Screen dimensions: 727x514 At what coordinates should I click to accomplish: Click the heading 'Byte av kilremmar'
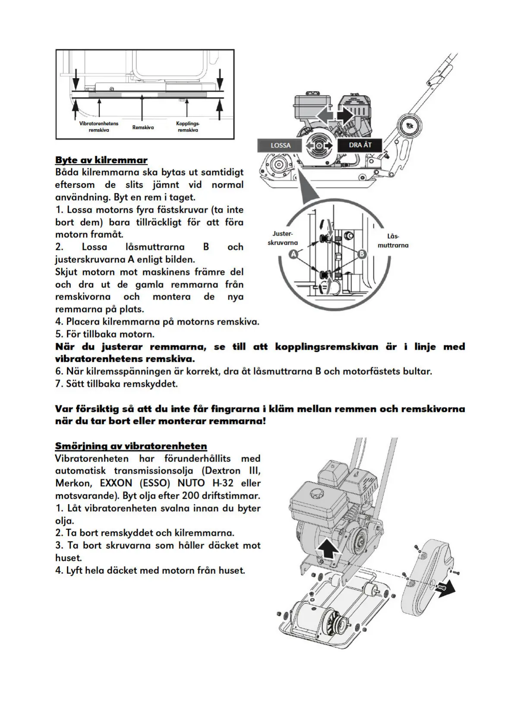[x=101, y=160]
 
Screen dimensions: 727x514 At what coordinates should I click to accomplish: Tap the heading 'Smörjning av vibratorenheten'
[x=131, y=446]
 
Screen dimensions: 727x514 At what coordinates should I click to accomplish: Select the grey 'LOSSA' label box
[x=280, y=145]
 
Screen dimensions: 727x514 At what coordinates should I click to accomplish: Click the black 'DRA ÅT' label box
[x=359, y=145]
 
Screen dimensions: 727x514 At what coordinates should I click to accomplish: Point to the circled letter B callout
[x=362, y=254]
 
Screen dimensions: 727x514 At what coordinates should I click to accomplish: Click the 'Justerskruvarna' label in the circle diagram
[x=283, y=238]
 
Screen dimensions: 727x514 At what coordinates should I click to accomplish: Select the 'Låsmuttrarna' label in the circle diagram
[x=393, y=241]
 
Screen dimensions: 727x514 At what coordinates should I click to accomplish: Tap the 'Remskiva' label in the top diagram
[x=143, y=127]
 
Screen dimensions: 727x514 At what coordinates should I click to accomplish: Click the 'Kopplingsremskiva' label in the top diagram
[x=188, y=126]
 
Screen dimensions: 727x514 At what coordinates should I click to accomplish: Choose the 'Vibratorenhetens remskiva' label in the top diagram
[x=98, y=126]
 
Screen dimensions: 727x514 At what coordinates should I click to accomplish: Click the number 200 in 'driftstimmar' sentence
[x=191, y=495]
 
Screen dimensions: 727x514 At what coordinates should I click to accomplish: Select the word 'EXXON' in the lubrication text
[x=114, y=483]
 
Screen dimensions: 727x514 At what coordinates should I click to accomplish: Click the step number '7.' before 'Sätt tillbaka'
[x=59, y=383]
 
